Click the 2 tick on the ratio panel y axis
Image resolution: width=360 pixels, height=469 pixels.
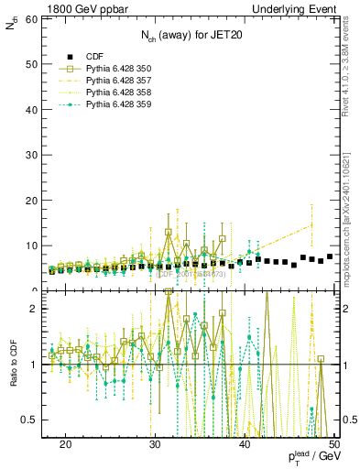coord(37,310)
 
